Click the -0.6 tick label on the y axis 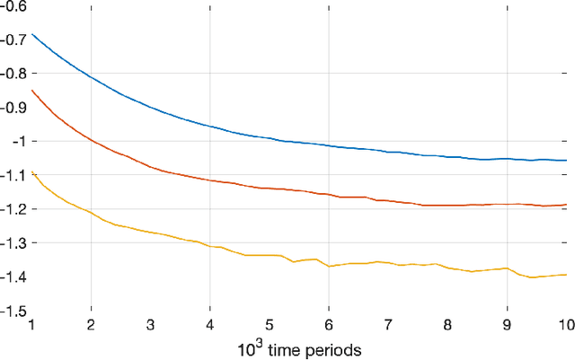[x=15, y=6]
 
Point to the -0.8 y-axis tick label [x=15, y=74]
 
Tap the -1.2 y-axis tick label [x=15, y=209]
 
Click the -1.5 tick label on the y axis [x=15, y=311]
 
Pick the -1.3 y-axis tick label [x=15, y=243]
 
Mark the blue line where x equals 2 [x=92, y=76]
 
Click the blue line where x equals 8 [x=447, y=156]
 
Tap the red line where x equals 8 [x=447, y=206]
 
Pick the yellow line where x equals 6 [x=329, y=267]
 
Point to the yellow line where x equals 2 [x=92, y=213]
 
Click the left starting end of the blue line [x=32, y=34]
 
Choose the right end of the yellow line [x=566, y=275]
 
